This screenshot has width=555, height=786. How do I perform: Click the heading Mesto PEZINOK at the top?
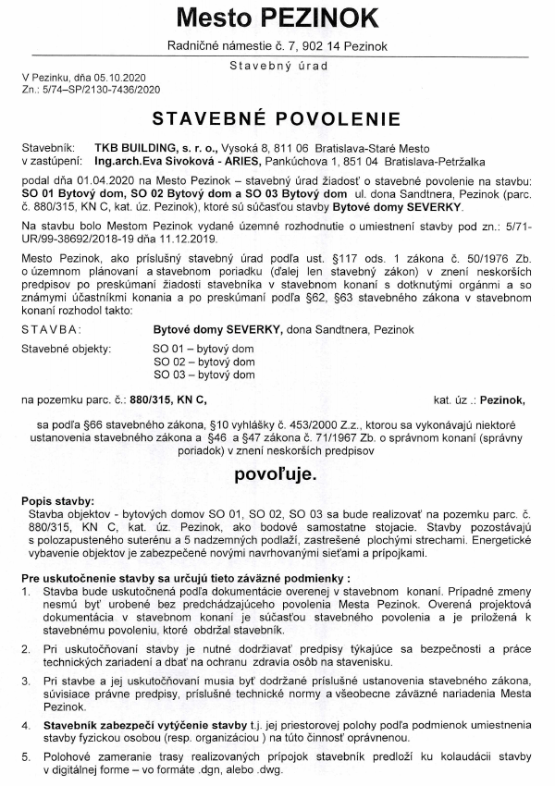point(277,18)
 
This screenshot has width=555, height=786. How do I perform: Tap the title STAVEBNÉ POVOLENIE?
point(277,119)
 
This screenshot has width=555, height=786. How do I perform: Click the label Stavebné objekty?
point(66,349)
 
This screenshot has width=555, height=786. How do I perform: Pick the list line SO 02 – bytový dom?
point(190,362)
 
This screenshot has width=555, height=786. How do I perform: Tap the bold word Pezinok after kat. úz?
point(499,399)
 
